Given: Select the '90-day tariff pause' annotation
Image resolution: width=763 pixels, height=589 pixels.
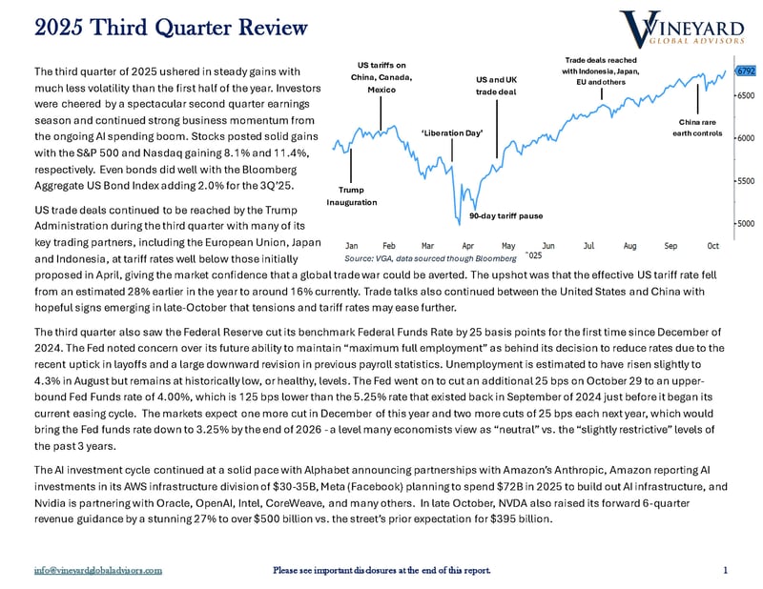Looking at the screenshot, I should (x=505, y=216).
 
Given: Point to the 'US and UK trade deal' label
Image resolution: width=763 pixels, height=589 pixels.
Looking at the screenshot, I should (x=495, y=86).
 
